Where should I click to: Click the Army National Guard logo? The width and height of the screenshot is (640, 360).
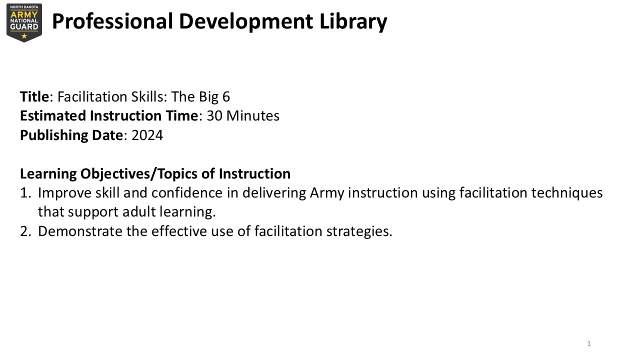[x=24, y=23]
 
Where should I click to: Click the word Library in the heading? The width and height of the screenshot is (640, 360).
[x=353, y=21]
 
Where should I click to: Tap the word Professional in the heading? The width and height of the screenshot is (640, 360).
[x=112, y=21]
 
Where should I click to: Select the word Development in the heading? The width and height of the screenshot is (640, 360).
[x=246, y=22]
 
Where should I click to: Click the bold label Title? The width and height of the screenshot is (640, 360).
[x=34, y=96]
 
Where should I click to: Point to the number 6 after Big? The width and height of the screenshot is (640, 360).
[x=226, y=96]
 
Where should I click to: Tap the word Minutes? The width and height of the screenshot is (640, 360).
[x=253, y=116]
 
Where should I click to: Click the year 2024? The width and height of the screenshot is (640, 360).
[x=147, y=135]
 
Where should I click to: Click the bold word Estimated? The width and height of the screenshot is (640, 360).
[x=53, y=116]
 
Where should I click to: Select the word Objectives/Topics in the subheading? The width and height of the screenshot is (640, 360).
[x=139, y=174]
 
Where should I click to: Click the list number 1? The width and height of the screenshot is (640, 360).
[x=25, y=193]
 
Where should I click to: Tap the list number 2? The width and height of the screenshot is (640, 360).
[x=25, y=231]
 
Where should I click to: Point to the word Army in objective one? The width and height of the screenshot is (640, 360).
[x=327, y=193]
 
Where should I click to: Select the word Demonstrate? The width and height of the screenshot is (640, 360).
[x=80, y=231]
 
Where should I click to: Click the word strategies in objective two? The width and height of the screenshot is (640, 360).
[x=359, y=231]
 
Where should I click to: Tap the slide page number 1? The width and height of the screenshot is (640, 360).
[x=589, y=343]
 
